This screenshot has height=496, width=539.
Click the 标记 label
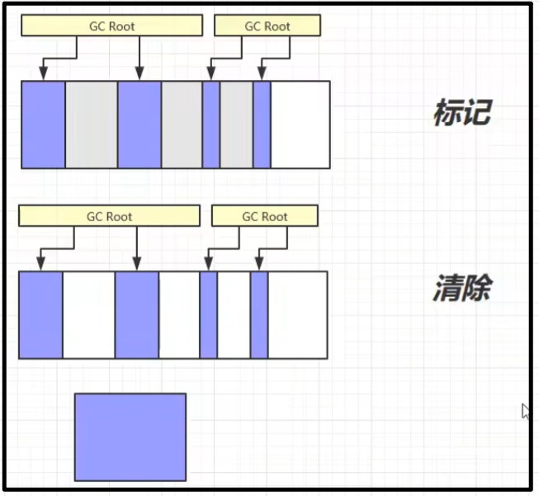(x=461, y=112)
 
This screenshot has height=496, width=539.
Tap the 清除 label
(x=461, y=289)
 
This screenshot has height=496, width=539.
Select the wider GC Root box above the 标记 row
(x=111, y=26)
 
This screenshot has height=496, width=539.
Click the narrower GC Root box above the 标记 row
(x=267, y=26)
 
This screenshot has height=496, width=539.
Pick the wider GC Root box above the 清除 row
(x=109, y=216)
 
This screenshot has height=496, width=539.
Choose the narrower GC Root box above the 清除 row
(x=264, y=216)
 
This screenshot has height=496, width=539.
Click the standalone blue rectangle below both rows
(x=130, y=437)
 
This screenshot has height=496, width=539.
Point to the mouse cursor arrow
(x=525, y=410)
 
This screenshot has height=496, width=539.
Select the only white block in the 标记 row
(x=300, y=125)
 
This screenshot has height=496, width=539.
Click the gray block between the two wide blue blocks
(x=91, y=125)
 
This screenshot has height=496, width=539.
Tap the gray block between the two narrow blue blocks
(x=236, y=125)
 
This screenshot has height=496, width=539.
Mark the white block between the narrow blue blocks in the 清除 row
(x=234, y=315)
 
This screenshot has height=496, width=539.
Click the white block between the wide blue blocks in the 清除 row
(x=88, y=315)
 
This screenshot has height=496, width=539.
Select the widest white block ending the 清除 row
(x=298, y=315)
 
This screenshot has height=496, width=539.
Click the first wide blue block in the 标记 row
(x=43, y=125)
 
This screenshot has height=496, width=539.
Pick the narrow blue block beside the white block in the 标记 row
(x=262, y=125)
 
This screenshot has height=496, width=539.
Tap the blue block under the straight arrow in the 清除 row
(x=136, y=315)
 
